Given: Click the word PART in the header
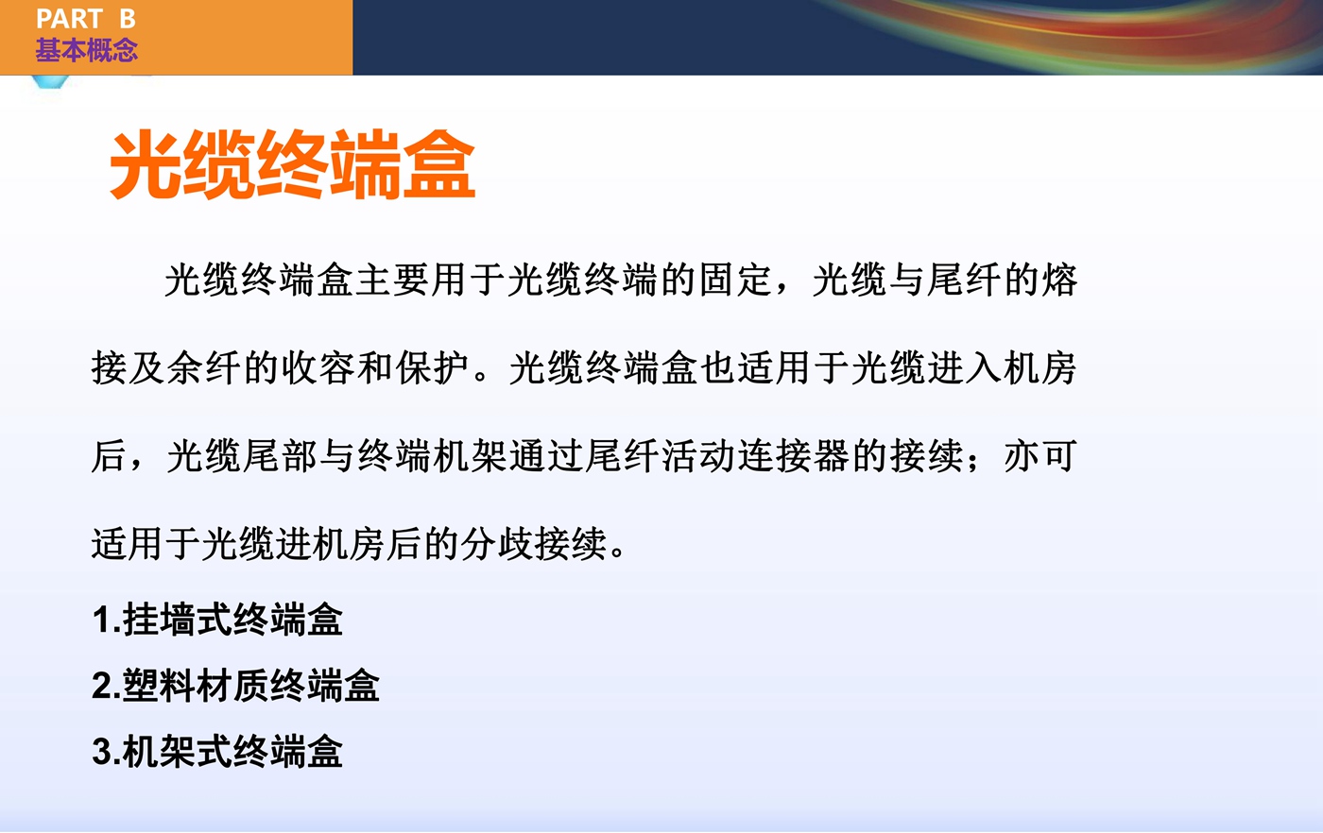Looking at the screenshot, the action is [69, 19].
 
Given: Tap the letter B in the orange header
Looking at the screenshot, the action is [128, 19].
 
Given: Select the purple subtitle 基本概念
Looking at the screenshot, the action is [86, 50].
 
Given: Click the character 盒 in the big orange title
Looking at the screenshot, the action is [439, 164].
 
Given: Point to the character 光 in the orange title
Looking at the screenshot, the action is [146, 164].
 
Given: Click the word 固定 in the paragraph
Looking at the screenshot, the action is [736, 280].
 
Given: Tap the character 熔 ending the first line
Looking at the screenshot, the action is [1060, 280].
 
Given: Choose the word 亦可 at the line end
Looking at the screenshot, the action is [1040, 456].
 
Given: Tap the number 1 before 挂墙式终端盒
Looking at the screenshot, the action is [102, 620].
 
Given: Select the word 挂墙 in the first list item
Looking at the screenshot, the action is [160, 620].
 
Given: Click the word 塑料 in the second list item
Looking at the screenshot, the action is [160, 686].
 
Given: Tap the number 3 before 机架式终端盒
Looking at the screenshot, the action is [102, 753].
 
